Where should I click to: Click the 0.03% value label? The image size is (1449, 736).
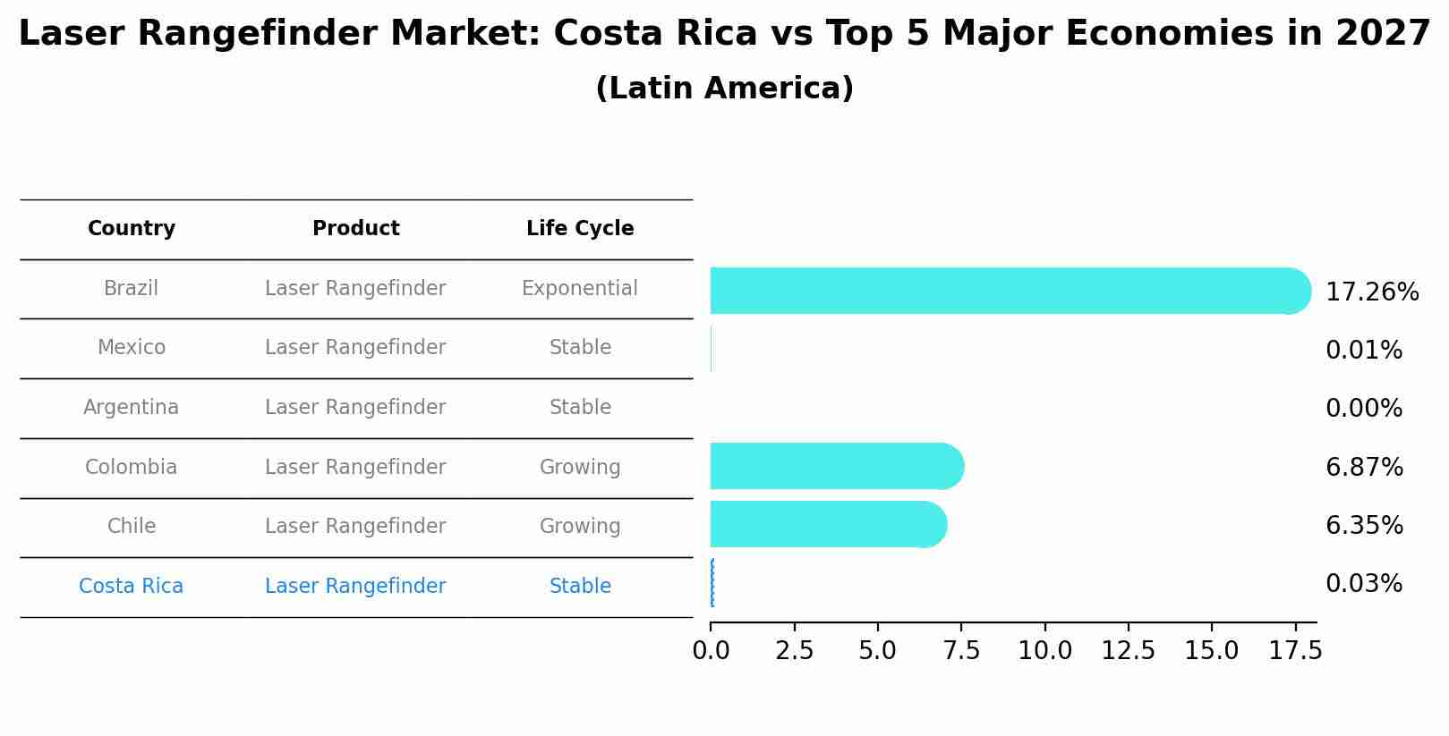point(1363,584)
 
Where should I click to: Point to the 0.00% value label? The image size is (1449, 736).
point(1363,409)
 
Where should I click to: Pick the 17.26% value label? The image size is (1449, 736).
point(1371,292)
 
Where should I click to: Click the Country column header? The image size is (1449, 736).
point(132,229)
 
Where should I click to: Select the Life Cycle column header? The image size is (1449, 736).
point(580,229)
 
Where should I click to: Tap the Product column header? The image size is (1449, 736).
point(355,229)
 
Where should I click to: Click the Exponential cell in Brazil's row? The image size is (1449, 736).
point(580,289)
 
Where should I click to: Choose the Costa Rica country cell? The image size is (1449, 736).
point(132,587)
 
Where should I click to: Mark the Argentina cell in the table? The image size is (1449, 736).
point(132,408)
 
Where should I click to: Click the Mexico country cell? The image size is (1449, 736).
point(132,348)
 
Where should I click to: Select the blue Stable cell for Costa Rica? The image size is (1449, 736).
point(580,587)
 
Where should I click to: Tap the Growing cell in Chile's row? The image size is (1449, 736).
point(580,527)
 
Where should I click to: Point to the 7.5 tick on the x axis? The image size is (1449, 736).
point(961,651)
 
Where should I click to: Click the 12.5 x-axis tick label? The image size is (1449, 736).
point(1128,651)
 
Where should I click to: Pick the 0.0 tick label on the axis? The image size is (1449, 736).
point(711,651)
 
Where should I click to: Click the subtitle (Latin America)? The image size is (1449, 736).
point(724,89)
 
